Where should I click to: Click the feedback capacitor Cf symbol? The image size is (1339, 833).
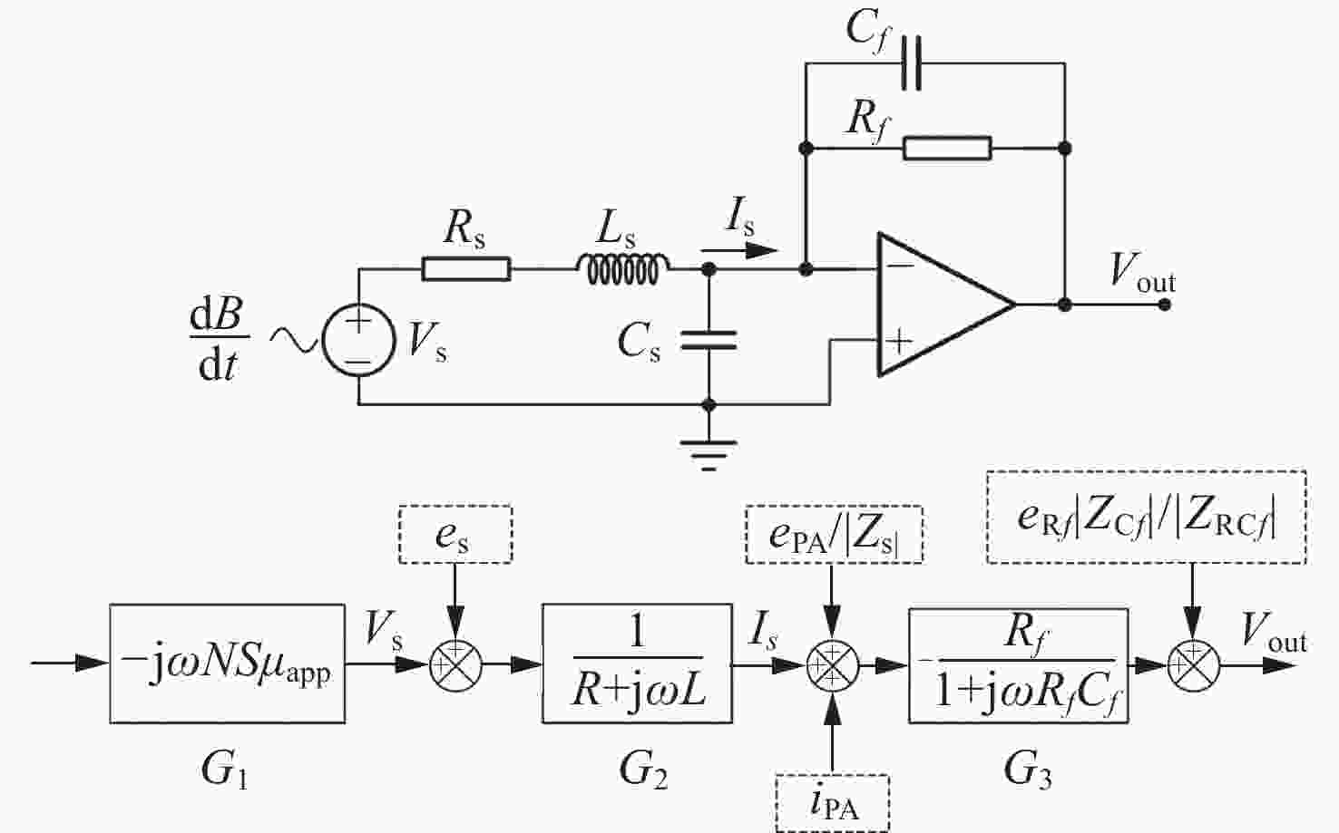911,63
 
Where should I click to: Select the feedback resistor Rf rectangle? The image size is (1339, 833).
947,148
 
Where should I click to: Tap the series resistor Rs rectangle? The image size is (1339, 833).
466,268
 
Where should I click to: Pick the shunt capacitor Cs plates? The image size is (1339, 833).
709,340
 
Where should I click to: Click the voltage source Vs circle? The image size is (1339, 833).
358,340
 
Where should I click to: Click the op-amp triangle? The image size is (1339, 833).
946,305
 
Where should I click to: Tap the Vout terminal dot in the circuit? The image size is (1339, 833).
1164,305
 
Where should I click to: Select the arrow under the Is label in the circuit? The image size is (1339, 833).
738,251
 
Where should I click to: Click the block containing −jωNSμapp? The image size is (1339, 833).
227,663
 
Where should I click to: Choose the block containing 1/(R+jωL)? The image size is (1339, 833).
637,663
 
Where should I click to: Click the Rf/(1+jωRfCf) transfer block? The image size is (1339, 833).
1019,666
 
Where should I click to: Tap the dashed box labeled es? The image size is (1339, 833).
455,535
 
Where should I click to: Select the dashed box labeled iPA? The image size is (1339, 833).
833,803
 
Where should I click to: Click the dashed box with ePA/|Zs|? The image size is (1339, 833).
834,535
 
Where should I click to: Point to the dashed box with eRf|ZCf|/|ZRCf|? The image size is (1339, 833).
1146,518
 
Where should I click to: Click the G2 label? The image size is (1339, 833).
643,770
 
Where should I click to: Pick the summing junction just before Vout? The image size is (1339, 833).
1193,666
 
